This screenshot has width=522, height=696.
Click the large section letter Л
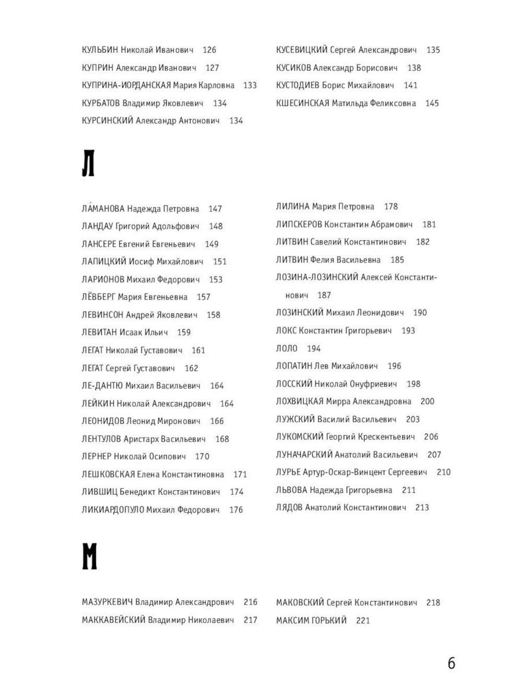point(88,163)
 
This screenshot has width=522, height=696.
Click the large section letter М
point(89,556)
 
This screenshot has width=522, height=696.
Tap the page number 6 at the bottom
point(452,663)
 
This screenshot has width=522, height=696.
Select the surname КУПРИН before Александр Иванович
point(98,68)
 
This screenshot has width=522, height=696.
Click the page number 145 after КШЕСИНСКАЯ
point(432,103)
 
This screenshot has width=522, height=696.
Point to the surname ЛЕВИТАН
point(99,333)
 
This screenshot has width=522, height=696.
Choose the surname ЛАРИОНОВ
point(103,279)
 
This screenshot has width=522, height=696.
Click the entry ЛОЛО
point(287,348)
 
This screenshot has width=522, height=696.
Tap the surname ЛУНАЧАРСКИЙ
point(304,455)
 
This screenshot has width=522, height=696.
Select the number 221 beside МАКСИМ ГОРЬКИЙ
point(363,621)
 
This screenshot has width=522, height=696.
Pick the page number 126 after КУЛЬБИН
point(209,50)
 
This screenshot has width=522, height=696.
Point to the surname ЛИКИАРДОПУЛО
point(113,510)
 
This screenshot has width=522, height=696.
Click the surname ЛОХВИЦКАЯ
point(300,402)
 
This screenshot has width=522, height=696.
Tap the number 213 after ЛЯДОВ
point(422,508)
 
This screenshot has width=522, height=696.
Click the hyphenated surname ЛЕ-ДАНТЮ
point(102,386)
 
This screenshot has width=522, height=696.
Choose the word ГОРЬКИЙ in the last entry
point(330,621)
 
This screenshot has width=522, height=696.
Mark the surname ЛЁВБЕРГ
point(99,297)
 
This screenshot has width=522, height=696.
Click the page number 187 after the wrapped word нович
point(324,296)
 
